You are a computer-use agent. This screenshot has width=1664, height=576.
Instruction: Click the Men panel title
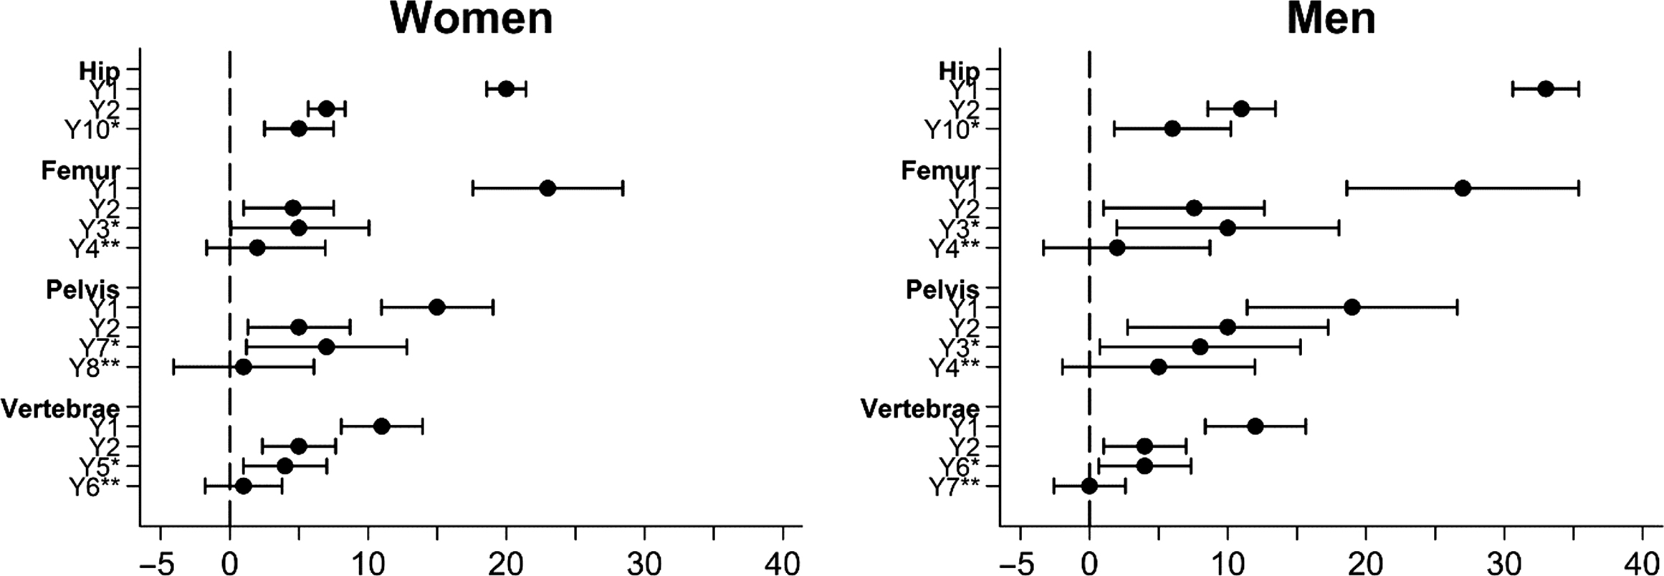[1331, 20]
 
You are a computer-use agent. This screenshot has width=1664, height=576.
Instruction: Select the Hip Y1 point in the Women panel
[506, 89]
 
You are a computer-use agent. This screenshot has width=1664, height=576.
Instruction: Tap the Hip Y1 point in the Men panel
[1546, 89]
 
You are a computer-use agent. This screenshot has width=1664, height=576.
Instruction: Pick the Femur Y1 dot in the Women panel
[548, 188]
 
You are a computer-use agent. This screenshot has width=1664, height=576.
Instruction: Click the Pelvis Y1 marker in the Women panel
[436, 307]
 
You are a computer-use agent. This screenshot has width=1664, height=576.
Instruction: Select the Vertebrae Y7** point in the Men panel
[1089, 486]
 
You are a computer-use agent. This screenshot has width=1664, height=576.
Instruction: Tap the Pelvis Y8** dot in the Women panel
[244, 368]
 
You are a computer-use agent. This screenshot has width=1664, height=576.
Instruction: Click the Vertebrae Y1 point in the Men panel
[1256, 426]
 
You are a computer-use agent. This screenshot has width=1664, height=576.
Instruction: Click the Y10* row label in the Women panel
[92, 130]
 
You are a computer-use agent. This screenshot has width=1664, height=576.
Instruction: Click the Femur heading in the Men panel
[940, 171]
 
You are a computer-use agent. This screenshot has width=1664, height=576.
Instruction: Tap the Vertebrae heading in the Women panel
[61, 408]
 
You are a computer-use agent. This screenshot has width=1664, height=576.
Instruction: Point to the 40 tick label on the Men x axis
[1642, 560]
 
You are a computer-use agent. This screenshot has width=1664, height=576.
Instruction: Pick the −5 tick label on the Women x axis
[158, 560]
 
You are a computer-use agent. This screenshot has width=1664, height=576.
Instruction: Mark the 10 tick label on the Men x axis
[1227, 560]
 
